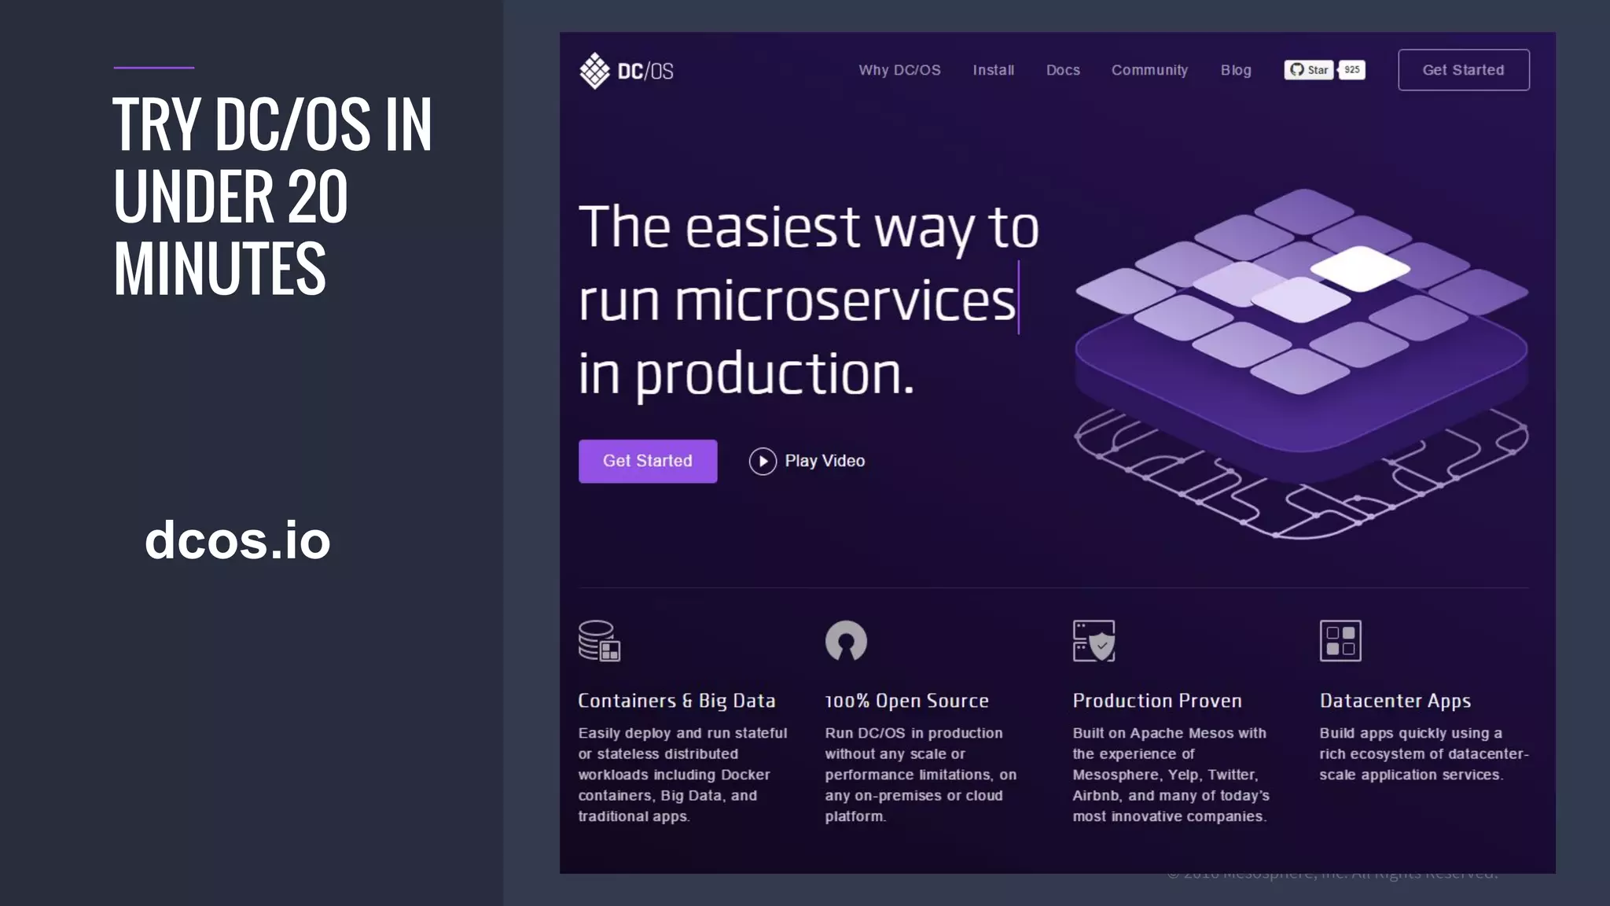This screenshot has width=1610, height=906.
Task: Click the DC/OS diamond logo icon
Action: [x=594, y=71]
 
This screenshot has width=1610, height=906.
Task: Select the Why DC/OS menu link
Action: [x=899, y=70]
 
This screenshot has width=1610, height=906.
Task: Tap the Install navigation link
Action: [x=993, y=70]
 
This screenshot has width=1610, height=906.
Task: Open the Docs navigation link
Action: [x=1063, y=70]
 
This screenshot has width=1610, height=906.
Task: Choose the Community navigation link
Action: [x=1149, y=70]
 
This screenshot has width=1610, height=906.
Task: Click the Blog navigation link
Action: [x=1236, y=70]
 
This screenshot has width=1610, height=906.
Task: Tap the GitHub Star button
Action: [x=1309, y=70]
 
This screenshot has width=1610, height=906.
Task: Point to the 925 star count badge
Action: [x=1352, y=70]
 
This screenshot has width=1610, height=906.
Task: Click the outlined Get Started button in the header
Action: [x=1463, y=70]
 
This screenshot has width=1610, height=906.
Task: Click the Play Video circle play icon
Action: [x=763, y=461]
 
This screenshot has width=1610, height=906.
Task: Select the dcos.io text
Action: [x=237, y=540]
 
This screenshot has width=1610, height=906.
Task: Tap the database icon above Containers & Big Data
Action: [x=599, y=641]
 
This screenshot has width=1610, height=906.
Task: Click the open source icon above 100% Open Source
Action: [x=846, y=641]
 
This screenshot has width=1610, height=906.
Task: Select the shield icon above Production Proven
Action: [x=1094, y=641]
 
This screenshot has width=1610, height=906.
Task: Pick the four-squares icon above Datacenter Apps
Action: [x=1340, y=641]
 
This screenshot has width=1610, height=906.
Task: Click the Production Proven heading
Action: [x=1157, y=701]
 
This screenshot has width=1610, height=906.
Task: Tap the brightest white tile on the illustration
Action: [x=1359, y=267]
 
